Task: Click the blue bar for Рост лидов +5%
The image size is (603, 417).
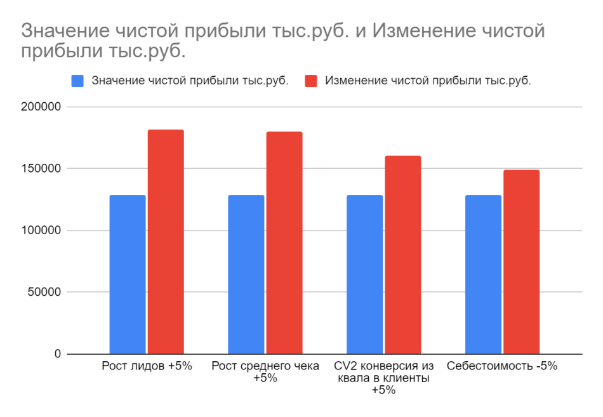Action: [x=128, y=274]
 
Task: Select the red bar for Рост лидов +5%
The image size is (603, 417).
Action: [x=166, y=242]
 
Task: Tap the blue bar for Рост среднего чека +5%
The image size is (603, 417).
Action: [x=246, y=274]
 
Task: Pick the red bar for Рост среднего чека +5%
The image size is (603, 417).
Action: [x=284, y=242]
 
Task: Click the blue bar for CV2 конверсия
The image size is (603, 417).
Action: [x=365, y=274]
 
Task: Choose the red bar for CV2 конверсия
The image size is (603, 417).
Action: [x=403, y=255]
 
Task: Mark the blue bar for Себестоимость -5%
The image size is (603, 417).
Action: [x=483, y=274]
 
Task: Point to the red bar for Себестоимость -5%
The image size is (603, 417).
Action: [x=521, y=261]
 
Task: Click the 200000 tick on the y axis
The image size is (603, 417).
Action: [x=40, y=107]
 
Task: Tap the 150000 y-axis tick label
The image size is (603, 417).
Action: [x=40, y=169]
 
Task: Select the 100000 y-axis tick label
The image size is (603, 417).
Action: [x=40, y=230]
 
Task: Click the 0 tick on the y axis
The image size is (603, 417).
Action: [x=57, y=354]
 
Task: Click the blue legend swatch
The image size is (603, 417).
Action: [x=78, y=81]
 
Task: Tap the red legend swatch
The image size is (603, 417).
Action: [x=311, y=81]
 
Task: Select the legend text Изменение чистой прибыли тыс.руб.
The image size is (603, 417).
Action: [x=428, y=81]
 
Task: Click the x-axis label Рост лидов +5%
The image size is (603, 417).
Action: [x=147, y=366]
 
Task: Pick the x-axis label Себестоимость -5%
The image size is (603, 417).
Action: [x=501, y=366]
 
